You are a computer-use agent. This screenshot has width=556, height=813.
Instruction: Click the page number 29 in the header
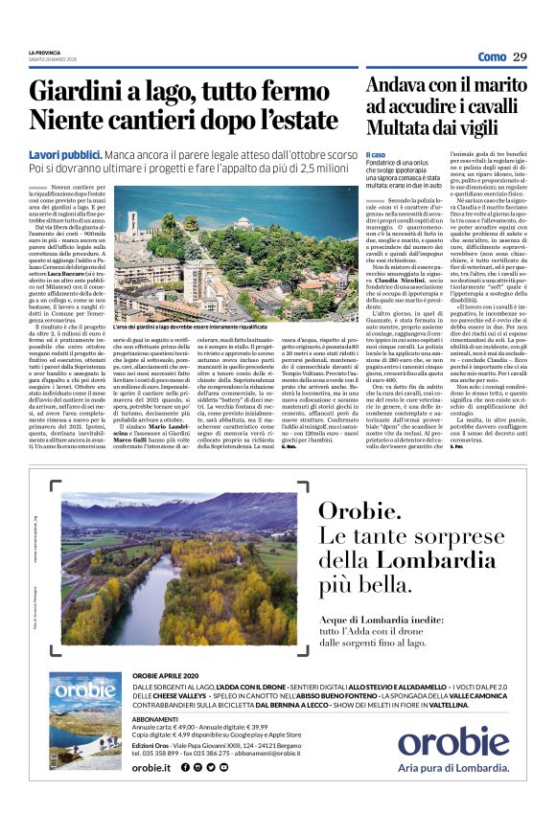pos(520,56)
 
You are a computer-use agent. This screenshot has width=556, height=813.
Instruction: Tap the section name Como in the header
pos(492,56)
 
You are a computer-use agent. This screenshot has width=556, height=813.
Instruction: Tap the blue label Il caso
pos(375,154)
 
